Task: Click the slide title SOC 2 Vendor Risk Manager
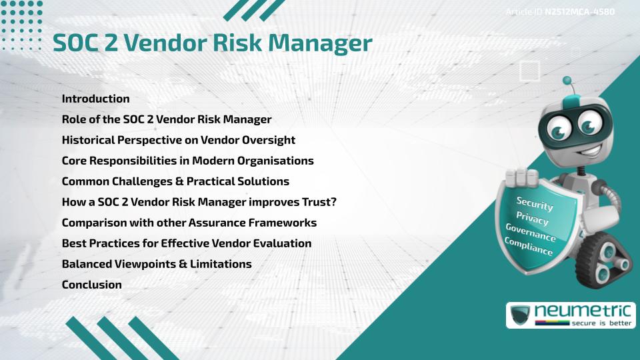tap(212, 43)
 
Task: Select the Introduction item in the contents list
tap(95, 99)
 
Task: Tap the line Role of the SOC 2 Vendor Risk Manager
tap(166, 119)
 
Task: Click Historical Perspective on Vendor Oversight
tap(178, 140)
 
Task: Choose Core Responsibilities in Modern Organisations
tap(187, 161)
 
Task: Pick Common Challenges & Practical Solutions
tap(175, 181)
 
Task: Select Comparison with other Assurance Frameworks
tap(189, 223)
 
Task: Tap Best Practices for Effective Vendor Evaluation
tap(186, 243)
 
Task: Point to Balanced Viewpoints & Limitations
tap(156, 264)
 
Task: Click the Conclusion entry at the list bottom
tap(91, 285)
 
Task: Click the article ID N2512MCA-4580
tap(579, 12)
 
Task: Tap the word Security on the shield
tap(535, 203)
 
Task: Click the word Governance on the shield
tap(531, 233)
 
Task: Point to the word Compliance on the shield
tap(529, 247)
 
